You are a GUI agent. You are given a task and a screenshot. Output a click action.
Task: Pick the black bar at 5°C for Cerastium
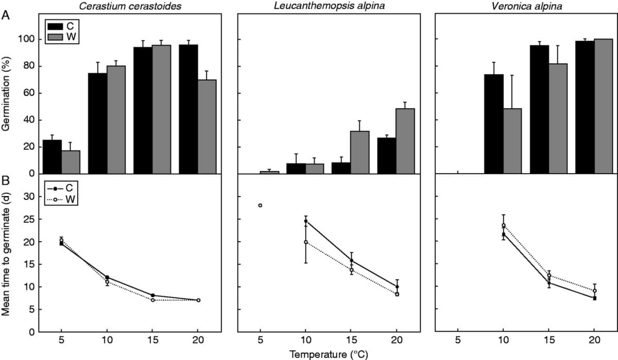click(x=52, y=157)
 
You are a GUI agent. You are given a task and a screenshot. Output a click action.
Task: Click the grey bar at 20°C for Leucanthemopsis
click(x=405, y=141)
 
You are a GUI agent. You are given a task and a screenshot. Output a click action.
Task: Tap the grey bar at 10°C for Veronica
click(x=512, y=141)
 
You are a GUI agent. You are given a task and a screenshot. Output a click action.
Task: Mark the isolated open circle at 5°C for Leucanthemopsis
click(x=260, y=205)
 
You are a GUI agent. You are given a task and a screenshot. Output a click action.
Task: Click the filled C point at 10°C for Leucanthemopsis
click(x=305, y=221)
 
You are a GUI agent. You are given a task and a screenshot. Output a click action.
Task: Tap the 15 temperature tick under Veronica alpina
click(x=549, y=341)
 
